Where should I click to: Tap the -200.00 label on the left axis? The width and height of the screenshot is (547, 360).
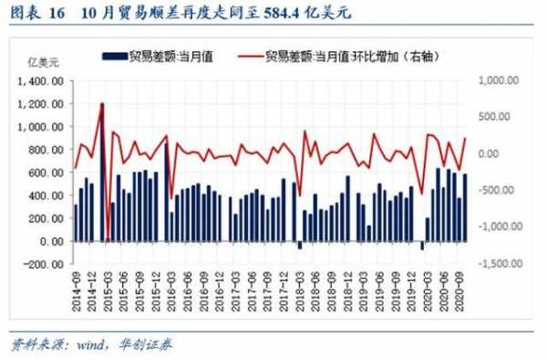(44, 264)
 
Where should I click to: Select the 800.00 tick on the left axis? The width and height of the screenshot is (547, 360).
(46, 149)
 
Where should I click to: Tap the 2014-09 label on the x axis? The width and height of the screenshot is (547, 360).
(76, 292)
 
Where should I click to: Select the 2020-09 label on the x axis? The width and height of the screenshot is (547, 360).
(463, 292)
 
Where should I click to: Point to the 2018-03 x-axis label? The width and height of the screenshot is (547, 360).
(300, 292)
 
